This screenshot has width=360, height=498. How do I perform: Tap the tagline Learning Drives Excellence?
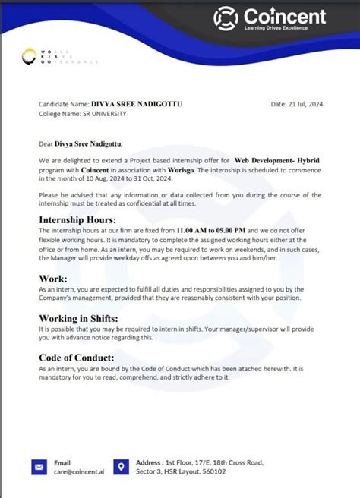tap(284, 29)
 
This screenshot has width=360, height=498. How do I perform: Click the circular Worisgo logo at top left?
tap(29, 55)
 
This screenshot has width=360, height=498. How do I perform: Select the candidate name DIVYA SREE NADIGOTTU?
tap(125, 104)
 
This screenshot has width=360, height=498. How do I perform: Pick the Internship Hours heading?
tap(82, 220)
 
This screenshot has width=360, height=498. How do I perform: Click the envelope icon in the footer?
tap(39, 467)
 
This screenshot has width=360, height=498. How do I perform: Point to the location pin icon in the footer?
tap(119, 467)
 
